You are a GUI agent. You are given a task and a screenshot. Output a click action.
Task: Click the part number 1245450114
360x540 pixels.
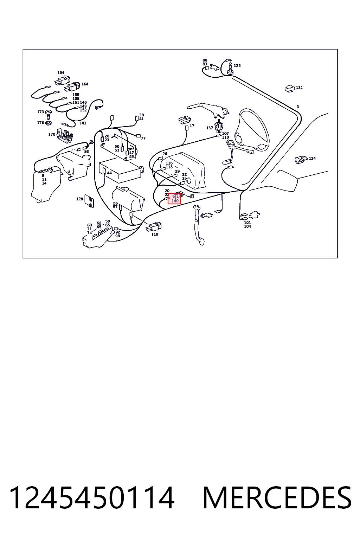(92, 497)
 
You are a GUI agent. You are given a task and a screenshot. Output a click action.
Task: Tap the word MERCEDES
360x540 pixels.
(277, 497)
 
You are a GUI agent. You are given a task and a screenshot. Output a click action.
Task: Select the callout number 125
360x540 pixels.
(237, 66)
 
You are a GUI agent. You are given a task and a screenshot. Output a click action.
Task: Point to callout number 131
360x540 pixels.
(299, 88)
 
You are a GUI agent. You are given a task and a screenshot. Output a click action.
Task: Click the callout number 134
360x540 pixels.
(312, 159)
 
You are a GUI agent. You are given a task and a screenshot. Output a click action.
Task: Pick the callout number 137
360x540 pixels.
(210, 128)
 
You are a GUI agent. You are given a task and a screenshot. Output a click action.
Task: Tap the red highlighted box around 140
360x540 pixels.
(174, 198)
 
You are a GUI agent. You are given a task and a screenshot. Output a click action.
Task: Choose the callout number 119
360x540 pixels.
(155, 234)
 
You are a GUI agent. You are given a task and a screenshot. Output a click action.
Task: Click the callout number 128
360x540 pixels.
(79, 199)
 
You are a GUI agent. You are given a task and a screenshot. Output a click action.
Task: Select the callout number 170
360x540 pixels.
(52, 134)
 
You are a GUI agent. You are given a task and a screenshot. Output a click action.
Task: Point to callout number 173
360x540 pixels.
(40, 112)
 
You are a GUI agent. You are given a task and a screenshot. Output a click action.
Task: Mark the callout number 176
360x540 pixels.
(40, 123)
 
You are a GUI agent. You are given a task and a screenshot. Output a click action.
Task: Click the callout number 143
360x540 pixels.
(83, 123)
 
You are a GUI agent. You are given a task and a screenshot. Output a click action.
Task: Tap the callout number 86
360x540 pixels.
(86, 152)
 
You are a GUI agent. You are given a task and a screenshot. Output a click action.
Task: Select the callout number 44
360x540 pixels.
(109, 173)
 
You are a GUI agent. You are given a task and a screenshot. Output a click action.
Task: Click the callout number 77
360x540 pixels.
(143, 138)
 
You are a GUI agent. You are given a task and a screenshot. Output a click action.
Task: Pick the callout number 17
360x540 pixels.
(192, 126)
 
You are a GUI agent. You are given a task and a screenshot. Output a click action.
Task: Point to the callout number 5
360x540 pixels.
(298, 106)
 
